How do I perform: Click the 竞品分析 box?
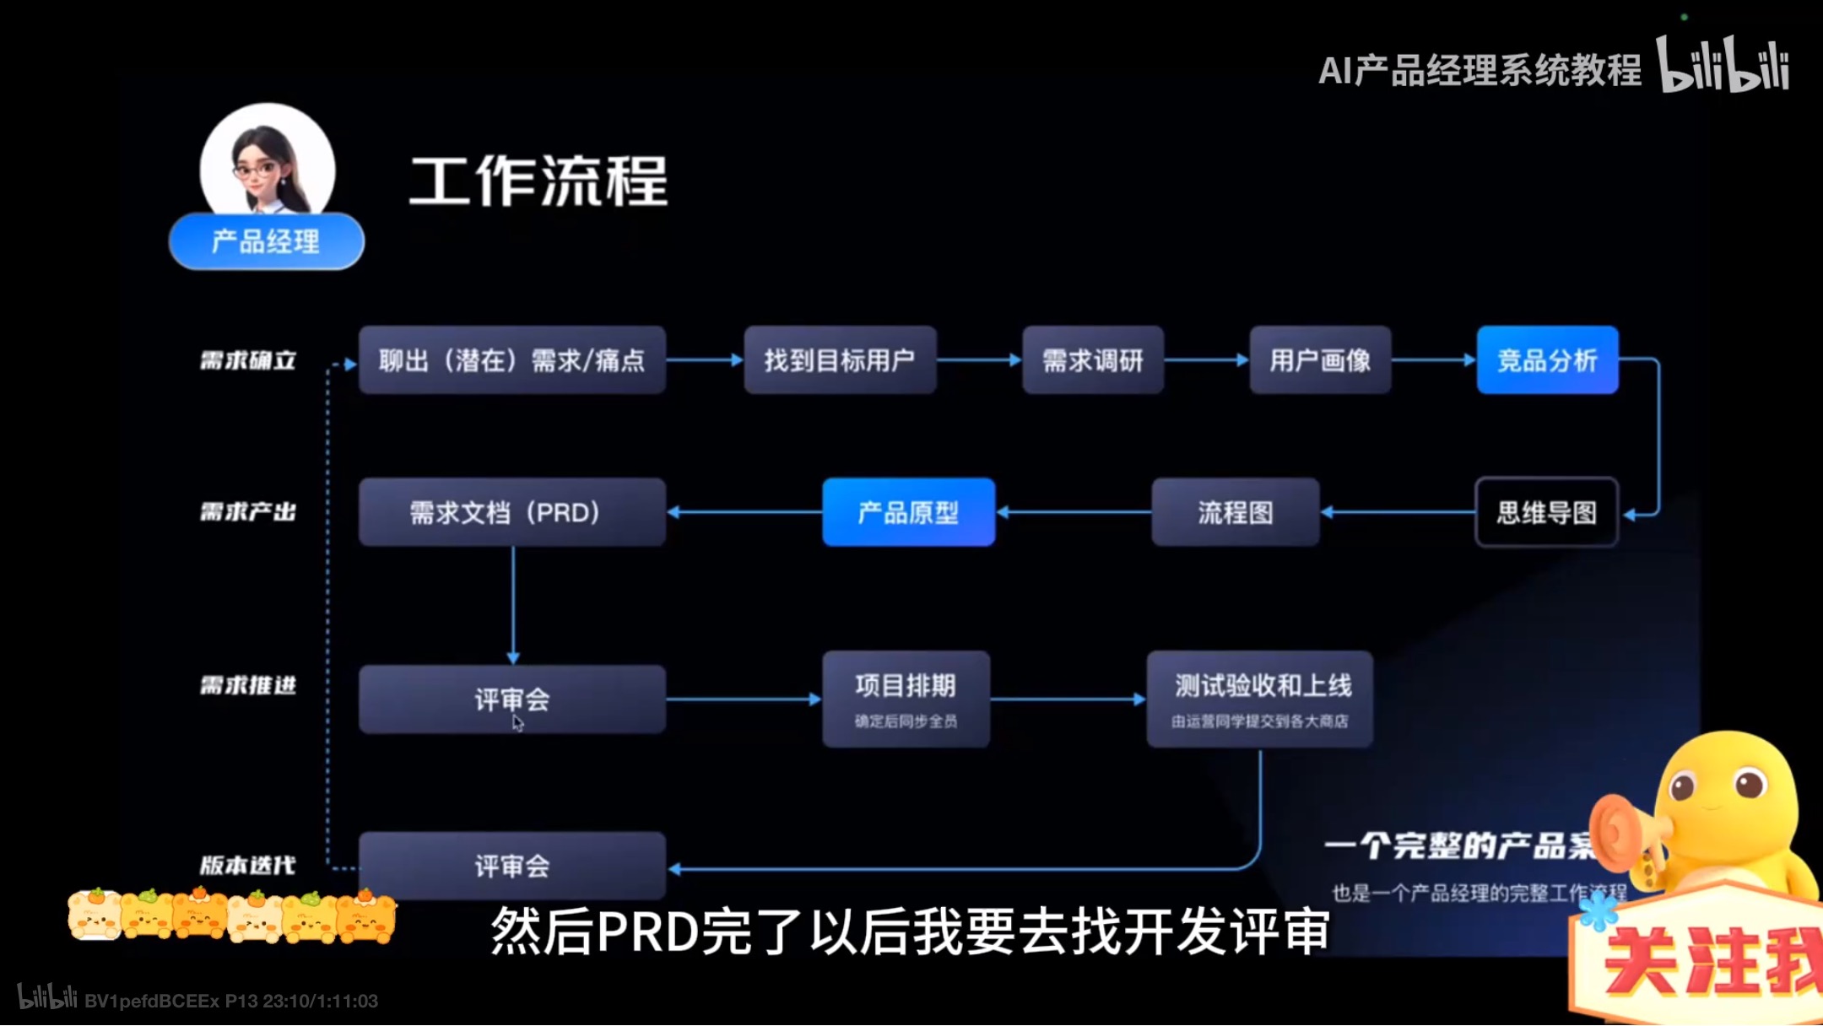coord(1547,360)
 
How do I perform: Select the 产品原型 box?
coord(908,512)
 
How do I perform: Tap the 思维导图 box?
coord(1546,512)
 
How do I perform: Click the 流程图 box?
coord(1235,512)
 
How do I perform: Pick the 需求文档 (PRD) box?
coord(511,512)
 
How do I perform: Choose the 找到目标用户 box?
coord(840,360)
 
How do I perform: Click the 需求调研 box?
coord(1092,360)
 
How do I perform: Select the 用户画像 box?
coord(1320,360)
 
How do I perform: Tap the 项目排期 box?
coord(906,699)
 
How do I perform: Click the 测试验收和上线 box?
coord(1259,699)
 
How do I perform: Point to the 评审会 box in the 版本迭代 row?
coord(511,866)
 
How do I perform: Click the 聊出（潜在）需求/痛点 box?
coord(511,360)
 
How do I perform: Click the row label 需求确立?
coord(248,361)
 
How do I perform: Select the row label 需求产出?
coord(248,512)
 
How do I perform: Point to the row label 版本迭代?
coord(248,866)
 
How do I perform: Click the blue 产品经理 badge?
coord(266,242)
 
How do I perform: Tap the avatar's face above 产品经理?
coord(262,165)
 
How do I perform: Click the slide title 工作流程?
coord(538,181)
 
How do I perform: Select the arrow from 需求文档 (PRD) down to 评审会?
coord(513,603)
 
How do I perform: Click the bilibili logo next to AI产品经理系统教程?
coord(1723,66)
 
